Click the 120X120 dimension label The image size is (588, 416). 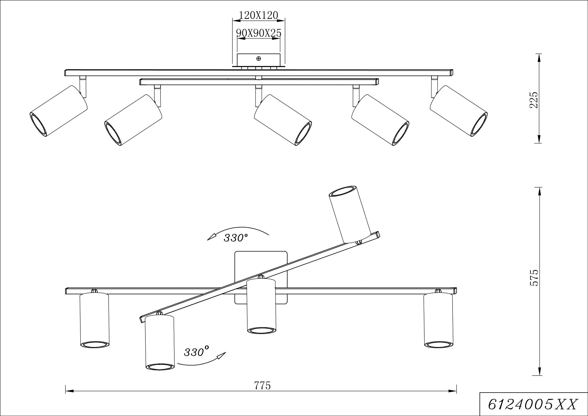258,15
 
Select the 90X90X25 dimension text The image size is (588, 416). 259,33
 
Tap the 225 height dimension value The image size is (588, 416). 533,100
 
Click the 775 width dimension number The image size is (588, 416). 262,385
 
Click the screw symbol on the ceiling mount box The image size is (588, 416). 258,59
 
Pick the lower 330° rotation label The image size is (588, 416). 196,352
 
